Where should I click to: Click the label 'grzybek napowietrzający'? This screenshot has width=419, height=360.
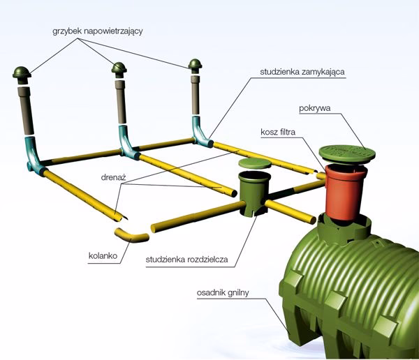(x=97, y=31)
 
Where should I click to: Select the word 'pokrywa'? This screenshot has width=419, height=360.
(x=314, y=108)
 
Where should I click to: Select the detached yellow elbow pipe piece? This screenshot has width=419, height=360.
(x=131, y=236)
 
